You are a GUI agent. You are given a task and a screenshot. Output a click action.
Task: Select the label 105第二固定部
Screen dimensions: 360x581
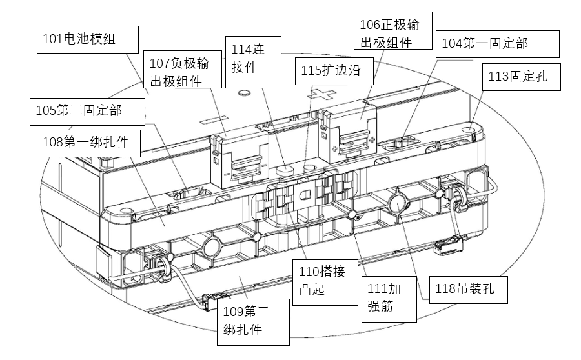(87, 111)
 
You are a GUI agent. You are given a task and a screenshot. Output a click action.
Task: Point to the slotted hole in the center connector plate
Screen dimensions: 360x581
(304, 194)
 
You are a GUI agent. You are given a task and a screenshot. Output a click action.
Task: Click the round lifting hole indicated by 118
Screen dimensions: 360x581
(396, 205)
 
